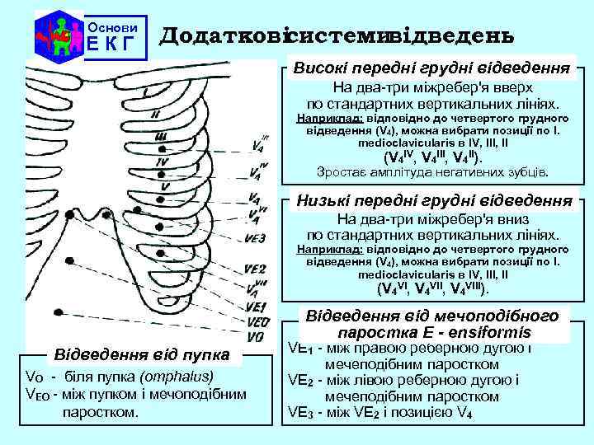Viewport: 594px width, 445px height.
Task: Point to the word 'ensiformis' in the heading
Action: pyautogui.click(x=490, y=333)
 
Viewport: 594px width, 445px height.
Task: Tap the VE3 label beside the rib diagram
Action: pyautogui.click(x=255, y=239)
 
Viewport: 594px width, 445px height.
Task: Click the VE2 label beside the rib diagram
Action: pyautogui.click(x=255, y=269)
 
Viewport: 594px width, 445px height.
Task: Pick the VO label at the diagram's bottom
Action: pyautogui.click(x=255, y=336)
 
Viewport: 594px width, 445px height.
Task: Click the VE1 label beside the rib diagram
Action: pyautogui.click(x=255, y=307)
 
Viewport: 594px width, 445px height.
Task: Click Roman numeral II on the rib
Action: pyautogui.click(x=156, y=115)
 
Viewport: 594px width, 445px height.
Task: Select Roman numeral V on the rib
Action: pyautogui.click(x=166, y=186)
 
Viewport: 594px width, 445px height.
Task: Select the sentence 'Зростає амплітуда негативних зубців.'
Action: pyautogui.click(x=432, y=172)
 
